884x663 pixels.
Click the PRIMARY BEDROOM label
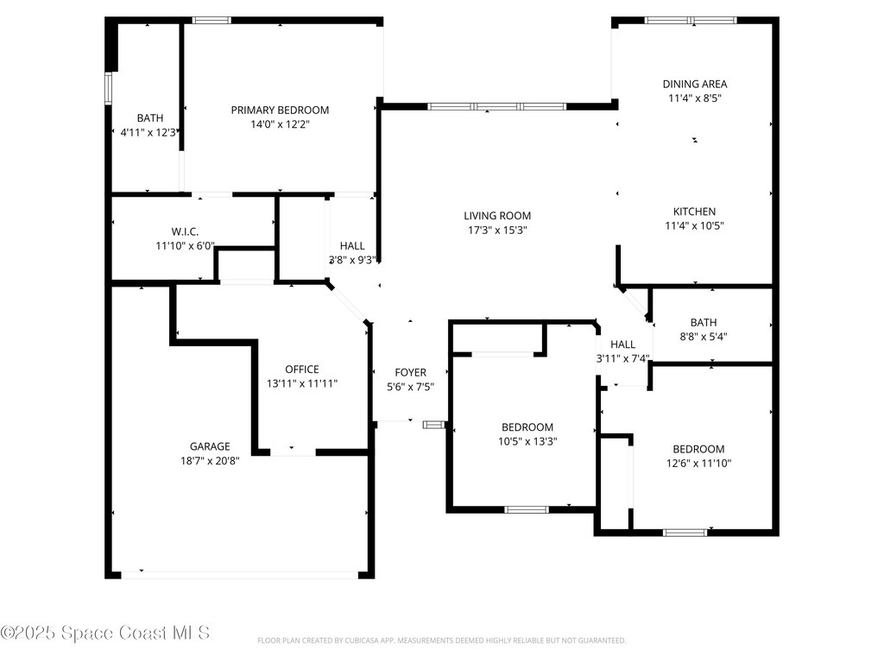[280, 110]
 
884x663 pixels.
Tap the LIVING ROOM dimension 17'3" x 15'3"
[497, 230]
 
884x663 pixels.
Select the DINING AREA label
[695, 84]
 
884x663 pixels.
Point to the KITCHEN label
[695, 212]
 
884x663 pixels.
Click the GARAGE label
[210, 446]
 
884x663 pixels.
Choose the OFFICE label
[302, 369]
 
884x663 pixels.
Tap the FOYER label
[410, 373]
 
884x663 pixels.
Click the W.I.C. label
[185, 231]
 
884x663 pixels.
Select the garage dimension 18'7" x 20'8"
[210, 461]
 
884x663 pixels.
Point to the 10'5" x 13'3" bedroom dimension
[527, 441]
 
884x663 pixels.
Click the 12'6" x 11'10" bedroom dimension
[698, 464]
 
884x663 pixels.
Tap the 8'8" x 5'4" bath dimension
[704, 337]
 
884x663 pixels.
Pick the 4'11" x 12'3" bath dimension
[148, 132]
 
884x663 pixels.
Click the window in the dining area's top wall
[691, 21]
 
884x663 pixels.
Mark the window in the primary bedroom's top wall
[212, 21]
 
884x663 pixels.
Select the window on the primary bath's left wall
[108, 89]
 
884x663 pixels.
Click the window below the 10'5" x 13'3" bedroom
[527, 509]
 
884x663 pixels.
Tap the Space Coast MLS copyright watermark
[105, 633]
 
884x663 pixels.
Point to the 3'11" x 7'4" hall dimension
[623, 358]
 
